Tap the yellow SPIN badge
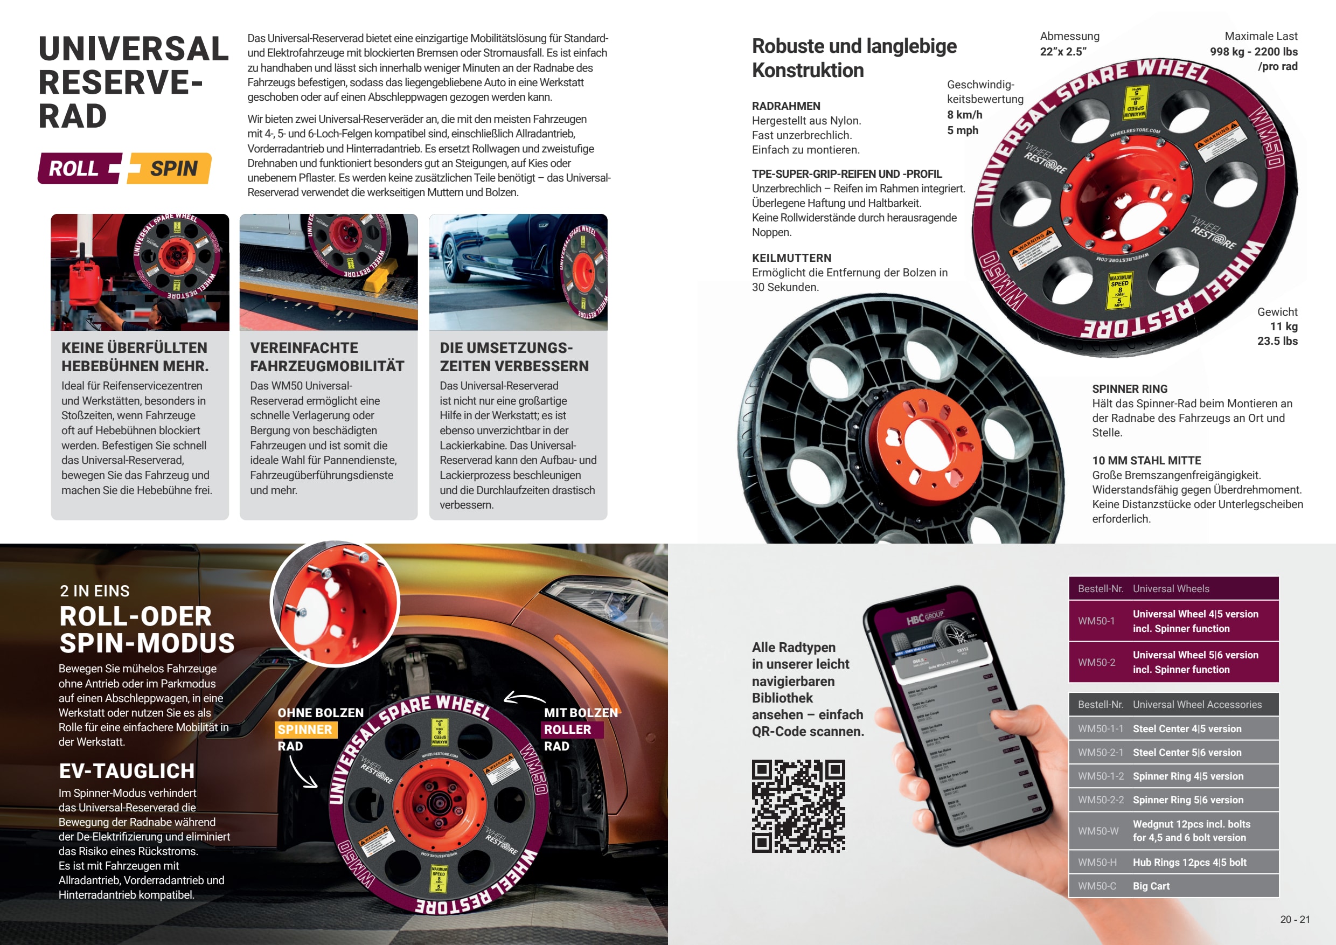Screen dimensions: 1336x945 (x=173, y=169)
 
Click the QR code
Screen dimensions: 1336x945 (x=798, y=806)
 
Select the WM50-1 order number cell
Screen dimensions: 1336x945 (x=1096, y=621)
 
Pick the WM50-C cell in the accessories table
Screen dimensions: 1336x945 (x=1097, y=886)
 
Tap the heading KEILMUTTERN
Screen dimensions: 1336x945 (x=791, y=258)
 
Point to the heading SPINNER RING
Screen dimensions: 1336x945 (x=1130, y=388)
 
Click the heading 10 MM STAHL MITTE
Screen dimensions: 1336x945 (x=1146, y=460)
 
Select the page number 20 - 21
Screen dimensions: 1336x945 (x=1295, y=919)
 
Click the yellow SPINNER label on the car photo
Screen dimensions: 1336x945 (x=305, y=729)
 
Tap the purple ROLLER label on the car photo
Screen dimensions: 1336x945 (x=567, y=729)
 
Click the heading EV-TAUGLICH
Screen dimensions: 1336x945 (x=127, y=771)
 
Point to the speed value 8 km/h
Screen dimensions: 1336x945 (x=965, y=115)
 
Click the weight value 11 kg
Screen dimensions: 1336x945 (x=1284, y=326)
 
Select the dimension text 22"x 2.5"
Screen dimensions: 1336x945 (x=1063, y=51)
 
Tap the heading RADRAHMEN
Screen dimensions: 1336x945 (x=785, y=106)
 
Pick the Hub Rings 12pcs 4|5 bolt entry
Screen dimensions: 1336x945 (x=1189, y=863)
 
